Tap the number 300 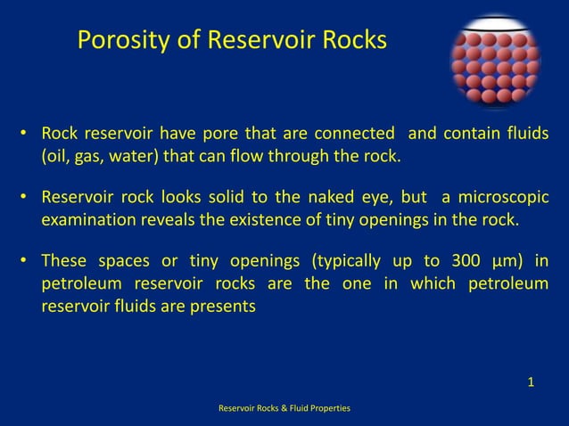click(462, 260)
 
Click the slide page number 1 click(531, 383)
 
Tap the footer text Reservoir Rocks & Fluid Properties click(284, 407)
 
